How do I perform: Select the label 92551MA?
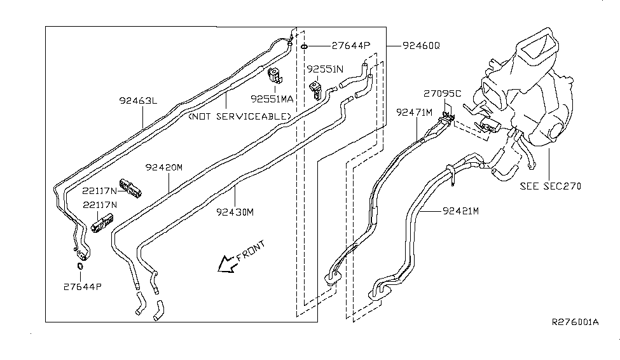click(272, 99)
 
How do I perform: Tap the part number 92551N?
click(325, 68)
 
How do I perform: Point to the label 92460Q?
click(420, 46)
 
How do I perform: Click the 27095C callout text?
click(443, 93)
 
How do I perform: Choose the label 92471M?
click(414, 112)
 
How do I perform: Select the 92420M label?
click(163, 167)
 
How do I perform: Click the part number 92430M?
click(235, 211)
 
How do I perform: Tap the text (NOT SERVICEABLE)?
click(239, 116)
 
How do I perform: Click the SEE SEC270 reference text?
click(550, 186)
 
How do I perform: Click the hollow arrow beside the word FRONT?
click(225, 263)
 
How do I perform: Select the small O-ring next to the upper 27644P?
click(305, 46)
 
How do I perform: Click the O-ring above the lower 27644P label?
click(81, 266)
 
